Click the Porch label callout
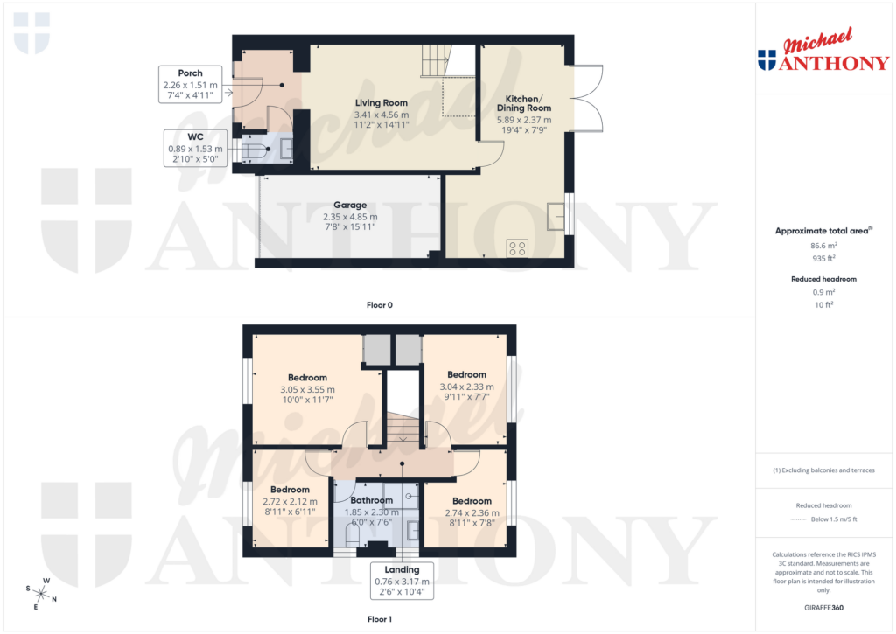click(190, 85)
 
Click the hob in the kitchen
click(516, 248)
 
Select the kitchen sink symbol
click(555, 215)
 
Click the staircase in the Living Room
click(435, 62)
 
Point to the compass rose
click(39, 594)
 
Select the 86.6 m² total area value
click(822, 247)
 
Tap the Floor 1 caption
click(380, 619)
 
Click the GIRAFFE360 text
click(822, 607)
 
